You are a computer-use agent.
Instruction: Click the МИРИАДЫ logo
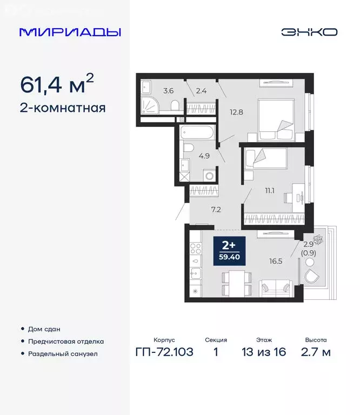(70, 32)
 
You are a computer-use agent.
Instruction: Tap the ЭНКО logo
(309, 32)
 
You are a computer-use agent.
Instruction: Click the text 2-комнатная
(62, 108)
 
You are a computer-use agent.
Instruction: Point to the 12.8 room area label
(236, 112)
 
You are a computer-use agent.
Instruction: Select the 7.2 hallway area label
(216, 209)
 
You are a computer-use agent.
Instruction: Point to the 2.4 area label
(201, 91)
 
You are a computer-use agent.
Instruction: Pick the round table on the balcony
(310, 262)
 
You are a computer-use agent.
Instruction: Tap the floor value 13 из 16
(264, 352)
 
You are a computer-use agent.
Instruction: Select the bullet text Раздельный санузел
(63, 354)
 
